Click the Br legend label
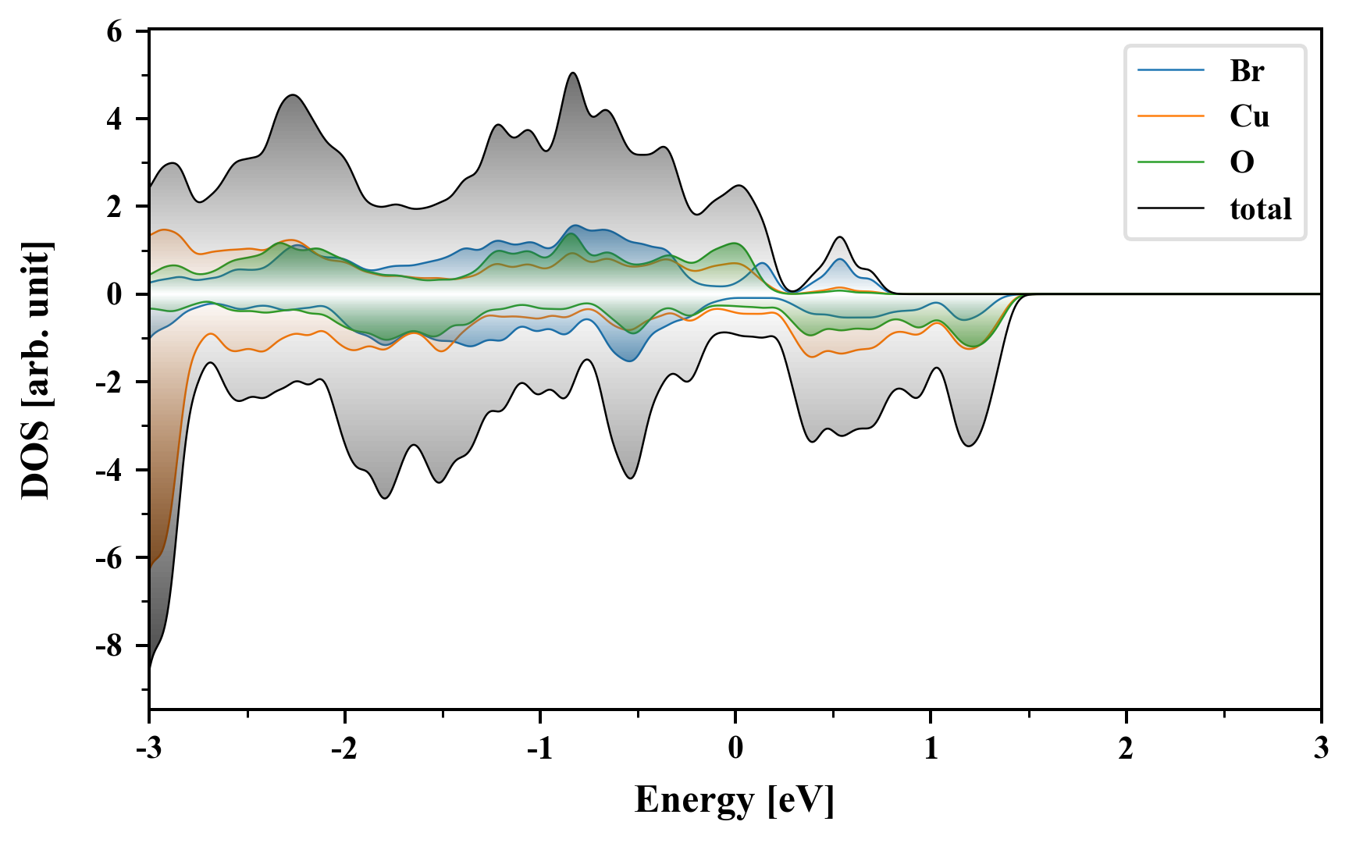click(1247, 71)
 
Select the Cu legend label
click(1249, 116)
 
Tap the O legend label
click(1242, 162)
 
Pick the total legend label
click(1260, 208)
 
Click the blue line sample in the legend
click(1170, 71)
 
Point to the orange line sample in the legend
click(1170, 116)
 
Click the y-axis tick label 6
click(115, 32)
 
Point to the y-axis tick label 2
click(115, 207)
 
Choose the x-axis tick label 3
click(1321, 749)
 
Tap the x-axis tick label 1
click(931, 749)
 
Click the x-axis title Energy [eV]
click(735, 801)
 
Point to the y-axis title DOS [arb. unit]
click(36, 371)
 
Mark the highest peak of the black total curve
click(573, 73)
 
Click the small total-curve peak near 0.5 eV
click(839, 237)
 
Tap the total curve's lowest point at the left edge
click(149, 670)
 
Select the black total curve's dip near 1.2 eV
click(969, 446)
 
